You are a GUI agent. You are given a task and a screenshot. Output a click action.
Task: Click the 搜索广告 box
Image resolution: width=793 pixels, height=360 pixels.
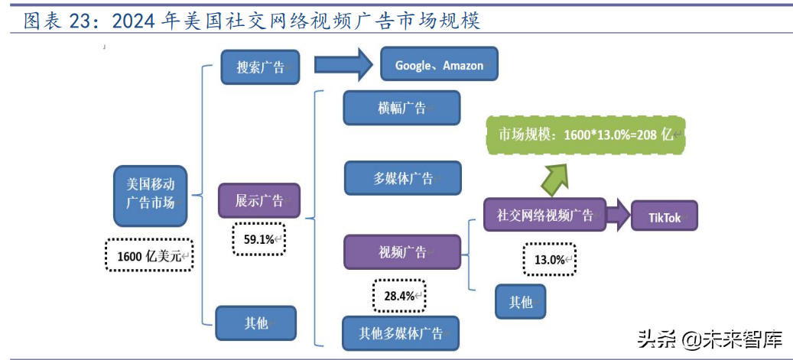tap(259, 66)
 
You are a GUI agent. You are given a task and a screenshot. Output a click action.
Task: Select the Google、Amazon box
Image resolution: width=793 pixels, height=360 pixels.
tap(439, 65)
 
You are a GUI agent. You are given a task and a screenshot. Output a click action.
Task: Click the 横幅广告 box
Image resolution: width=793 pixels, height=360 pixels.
tap(401, 108)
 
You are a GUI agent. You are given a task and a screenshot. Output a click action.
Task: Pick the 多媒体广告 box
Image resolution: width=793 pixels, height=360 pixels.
tap(403, 178)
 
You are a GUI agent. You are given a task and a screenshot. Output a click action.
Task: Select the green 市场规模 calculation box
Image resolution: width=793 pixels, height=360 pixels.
tap(585, 135)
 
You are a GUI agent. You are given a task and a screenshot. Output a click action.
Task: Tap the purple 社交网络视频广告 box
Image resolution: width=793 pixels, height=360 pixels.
tap(544, 215)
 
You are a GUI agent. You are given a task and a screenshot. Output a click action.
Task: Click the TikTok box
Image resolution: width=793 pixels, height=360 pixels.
tap(664, 217)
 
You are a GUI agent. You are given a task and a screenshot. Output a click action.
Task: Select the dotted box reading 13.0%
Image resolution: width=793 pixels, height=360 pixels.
tap(549, 259)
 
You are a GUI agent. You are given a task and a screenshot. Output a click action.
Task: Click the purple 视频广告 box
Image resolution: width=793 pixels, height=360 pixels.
tap(402, 252)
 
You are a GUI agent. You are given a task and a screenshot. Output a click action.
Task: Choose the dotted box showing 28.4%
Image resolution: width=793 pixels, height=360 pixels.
tap(398, 295)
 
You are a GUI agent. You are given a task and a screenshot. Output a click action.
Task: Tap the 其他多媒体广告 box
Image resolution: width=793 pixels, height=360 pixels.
tap(401, 333)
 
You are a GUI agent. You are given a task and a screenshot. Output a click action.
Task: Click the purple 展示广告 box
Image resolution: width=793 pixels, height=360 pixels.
tap(258, 201)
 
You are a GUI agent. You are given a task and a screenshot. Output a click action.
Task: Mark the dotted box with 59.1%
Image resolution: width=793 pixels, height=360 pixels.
tap(258, 239)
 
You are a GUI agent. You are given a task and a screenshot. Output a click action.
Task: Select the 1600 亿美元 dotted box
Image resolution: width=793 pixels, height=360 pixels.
tap(149, 256)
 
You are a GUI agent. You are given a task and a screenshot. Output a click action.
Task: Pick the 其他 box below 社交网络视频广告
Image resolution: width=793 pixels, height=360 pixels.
tap(520, 302)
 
